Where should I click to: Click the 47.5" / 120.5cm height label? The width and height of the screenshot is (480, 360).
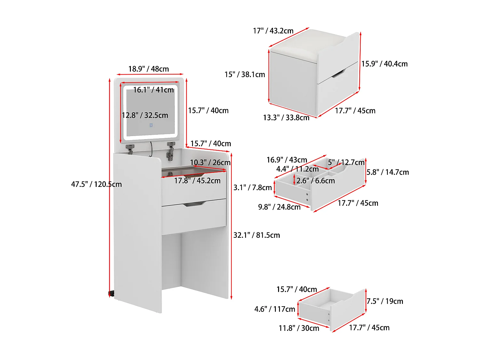click(96, 184)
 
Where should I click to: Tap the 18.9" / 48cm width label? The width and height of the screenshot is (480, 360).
click(148, 69)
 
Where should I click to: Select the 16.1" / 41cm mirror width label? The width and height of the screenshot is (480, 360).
click(153, 90)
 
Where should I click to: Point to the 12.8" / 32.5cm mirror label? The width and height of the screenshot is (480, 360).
click(145, 115)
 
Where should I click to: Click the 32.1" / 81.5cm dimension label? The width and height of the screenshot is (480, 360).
click(256, 235)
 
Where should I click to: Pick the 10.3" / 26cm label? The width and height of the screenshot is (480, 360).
click(210, 163)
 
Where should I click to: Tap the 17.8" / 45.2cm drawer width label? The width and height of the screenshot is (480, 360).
click(197, 181)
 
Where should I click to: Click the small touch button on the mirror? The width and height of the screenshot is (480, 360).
click(151, 125)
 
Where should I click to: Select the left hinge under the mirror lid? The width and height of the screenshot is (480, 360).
click(130, 148)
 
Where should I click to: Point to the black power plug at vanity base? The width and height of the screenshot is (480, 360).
click(111, 293)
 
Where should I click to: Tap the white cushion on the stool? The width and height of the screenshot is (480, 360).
click(307, 45)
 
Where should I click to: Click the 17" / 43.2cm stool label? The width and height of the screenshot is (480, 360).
click(273, 31)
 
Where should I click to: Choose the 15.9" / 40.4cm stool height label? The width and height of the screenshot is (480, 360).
click(384, 64)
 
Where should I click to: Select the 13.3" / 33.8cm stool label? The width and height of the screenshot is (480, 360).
click(286, 118)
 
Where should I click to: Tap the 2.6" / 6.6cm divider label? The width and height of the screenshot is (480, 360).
click(316, 181)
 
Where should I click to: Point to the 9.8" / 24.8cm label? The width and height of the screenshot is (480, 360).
click(279, 207)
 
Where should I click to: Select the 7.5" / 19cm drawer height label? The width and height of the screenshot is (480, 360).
click(385, 301)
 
